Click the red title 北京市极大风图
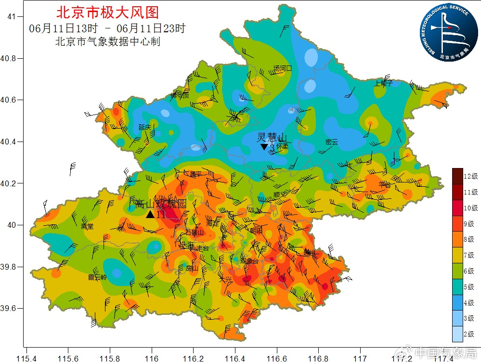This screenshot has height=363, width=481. (x=107, y=12)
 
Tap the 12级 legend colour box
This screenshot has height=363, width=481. (x=457, y=176)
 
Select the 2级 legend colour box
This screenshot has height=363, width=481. (x=457, y=334)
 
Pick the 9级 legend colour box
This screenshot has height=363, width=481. (x=457, y=223)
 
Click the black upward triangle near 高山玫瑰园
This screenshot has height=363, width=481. (x=150, y=215)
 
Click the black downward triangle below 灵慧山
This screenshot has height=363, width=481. (x=264, y=147)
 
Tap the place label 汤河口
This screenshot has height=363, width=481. (x=283, y=68)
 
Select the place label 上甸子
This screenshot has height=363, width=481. (x=384, y=83)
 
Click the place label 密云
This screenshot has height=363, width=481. (x=332, y=142)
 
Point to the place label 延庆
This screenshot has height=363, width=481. (x=145, y=127)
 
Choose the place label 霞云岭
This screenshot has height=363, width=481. (x=97, y=277)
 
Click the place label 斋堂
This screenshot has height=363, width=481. (x=87, y=226)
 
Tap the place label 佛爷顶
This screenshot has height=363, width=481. (x=180, y=95)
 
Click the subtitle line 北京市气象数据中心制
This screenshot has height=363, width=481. (x=108, y=42)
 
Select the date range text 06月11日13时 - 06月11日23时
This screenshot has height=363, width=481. (x=107, y=28)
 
